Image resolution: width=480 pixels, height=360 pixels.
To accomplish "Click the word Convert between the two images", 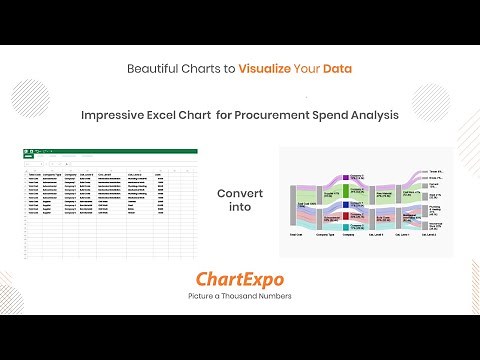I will (x=239, y=193).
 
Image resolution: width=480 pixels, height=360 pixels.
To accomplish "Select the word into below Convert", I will (x=239, y=208).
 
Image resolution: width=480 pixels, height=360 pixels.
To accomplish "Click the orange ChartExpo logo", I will (x=239, y=278).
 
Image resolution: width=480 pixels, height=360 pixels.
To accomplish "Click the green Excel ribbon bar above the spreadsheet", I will (x=110, y=152).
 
